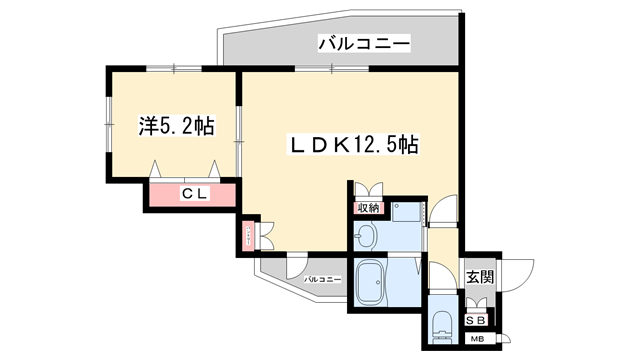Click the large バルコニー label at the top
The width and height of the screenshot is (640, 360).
point(364,44)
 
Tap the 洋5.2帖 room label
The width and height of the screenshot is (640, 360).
point(176,126)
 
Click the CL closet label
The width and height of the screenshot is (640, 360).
point(194,194)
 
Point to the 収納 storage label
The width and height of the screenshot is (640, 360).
point(367,208)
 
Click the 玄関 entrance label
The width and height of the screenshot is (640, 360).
point(479,277)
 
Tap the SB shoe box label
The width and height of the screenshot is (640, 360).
point(477,319)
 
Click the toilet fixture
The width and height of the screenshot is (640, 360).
point(441,325)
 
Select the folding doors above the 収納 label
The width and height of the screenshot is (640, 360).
point(367,191)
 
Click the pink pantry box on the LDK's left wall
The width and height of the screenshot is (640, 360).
point(246,237)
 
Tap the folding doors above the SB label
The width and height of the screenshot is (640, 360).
point(477,301)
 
